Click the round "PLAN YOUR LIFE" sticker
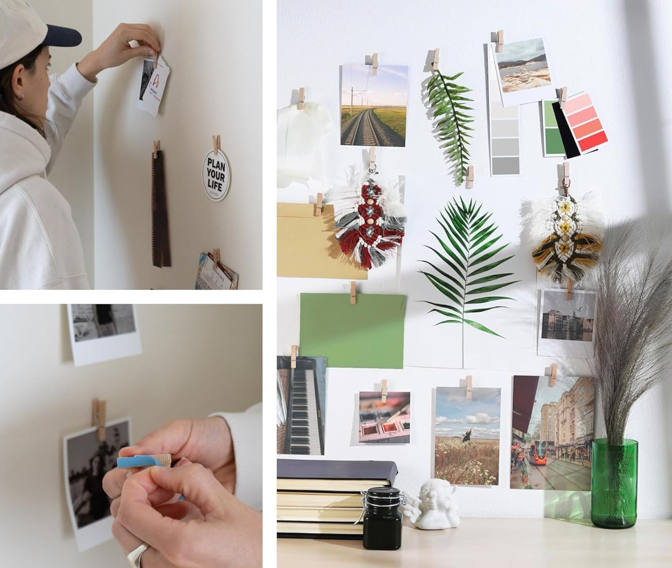(216, 175)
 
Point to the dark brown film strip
(161, 210)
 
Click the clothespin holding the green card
(353, 293)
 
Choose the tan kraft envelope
(307, 242)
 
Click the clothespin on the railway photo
(374, 64)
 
